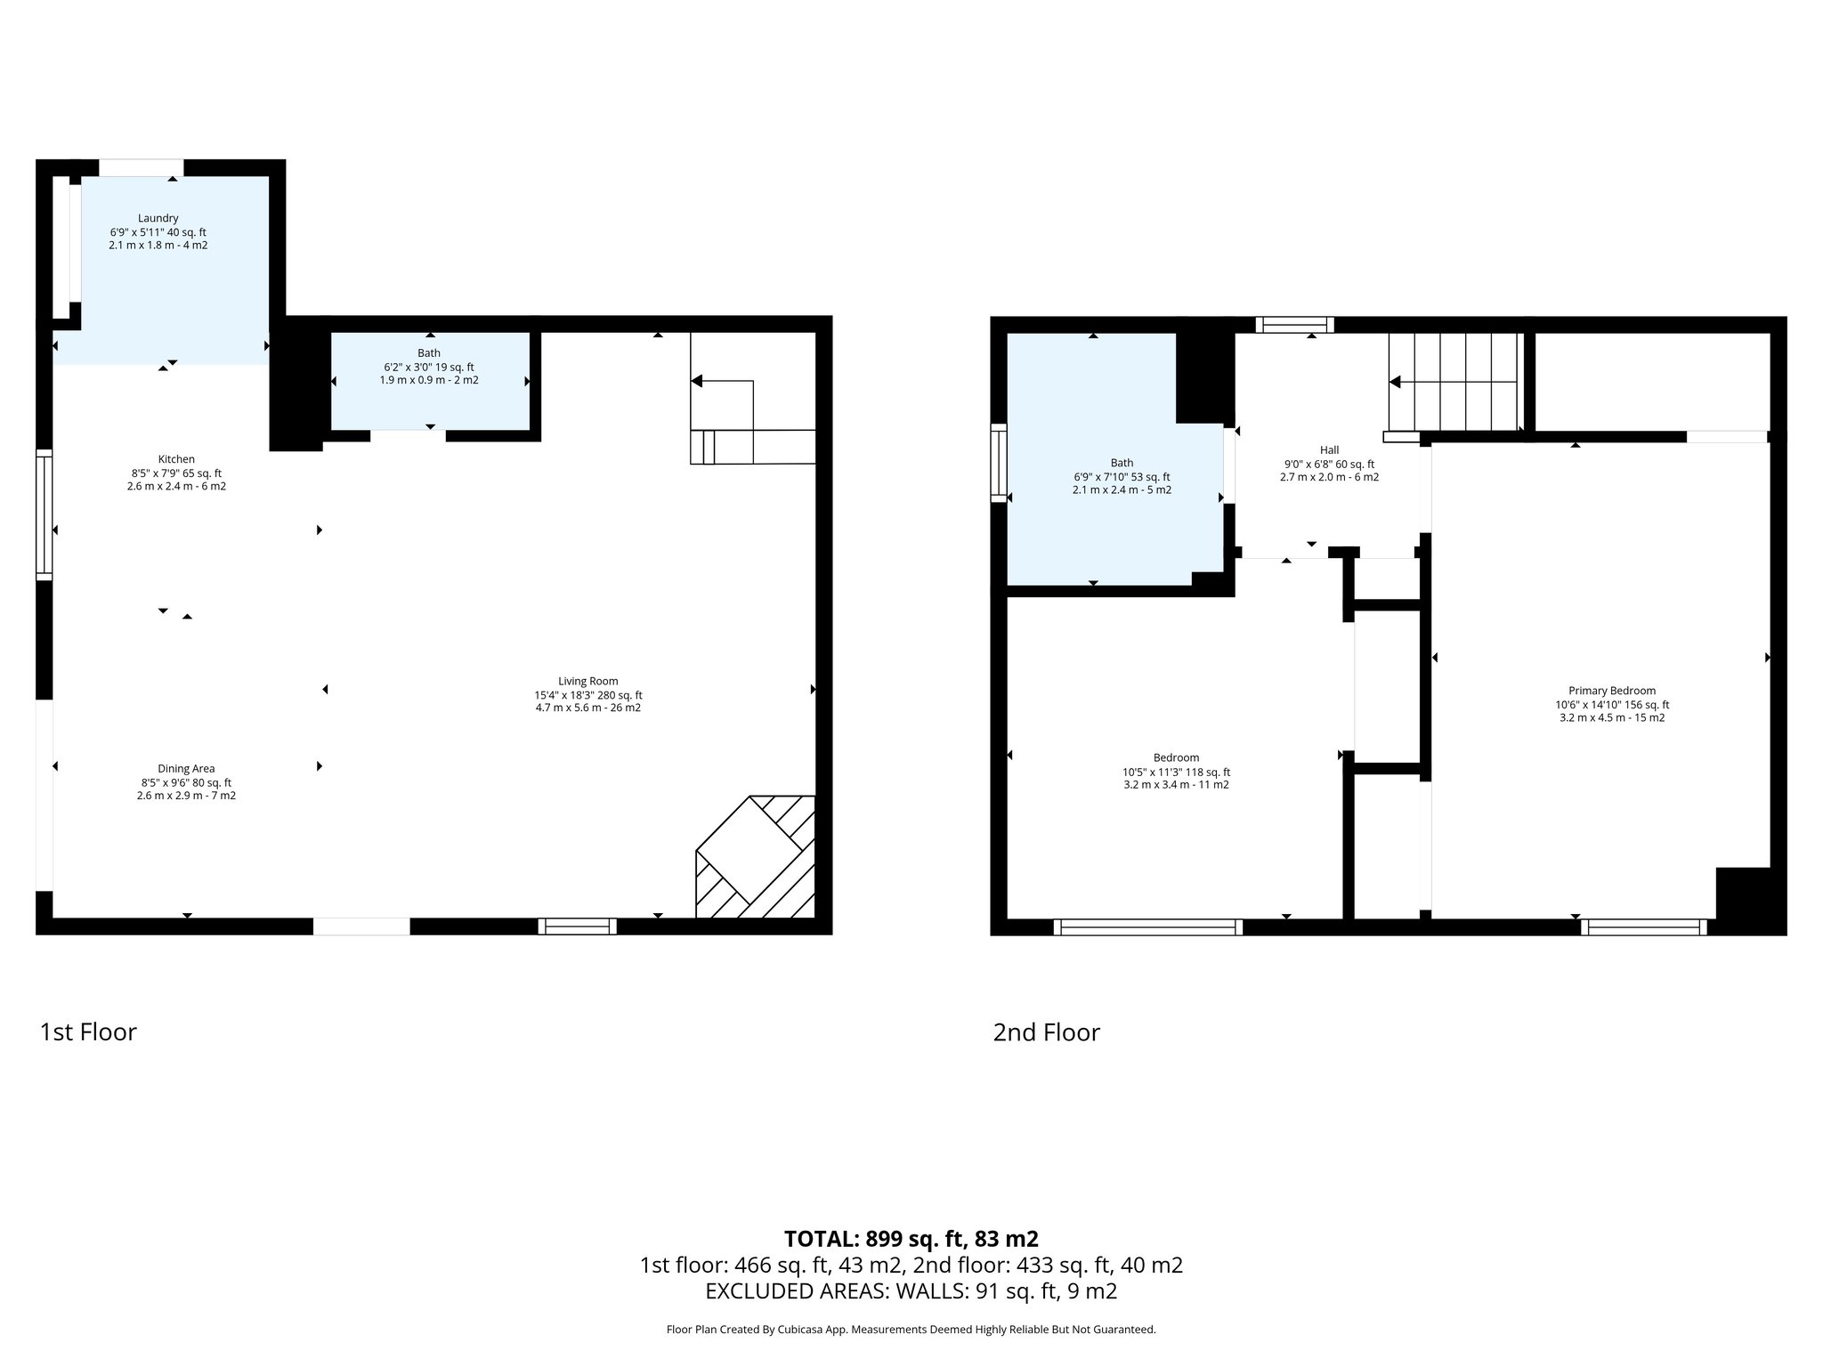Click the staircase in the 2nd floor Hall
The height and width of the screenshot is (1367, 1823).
[x=1455, y=382]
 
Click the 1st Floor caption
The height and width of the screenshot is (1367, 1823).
[x=88, y=1032]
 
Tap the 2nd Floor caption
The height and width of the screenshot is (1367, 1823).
[x=1047, y=1032]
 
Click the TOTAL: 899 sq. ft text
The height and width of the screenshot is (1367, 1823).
[x=911, y=1239]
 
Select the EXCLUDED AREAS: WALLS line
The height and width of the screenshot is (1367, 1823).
[x=911, y=1290]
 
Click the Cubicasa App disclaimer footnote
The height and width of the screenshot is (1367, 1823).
[x=911, y=1330]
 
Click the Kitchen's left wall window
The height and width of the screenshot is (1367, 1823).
[x=44, y=515]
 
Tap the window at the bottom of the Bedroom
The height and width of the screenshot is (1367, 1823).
[x=1148, y=927]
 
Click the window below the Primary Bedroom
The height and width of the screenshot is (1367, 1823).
[x=1644, y=927]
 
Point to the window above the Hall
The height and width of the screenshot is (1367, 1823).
[x=1294, y=325]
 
